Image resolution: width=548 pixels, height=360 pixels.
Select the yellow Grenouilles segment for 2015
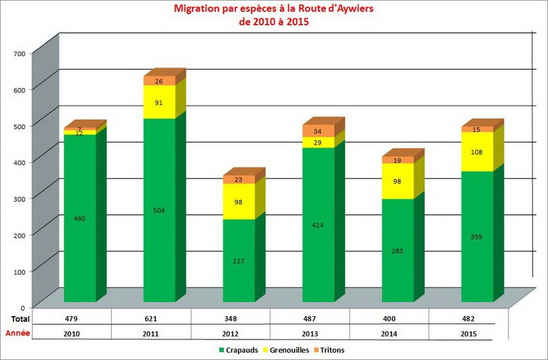478,152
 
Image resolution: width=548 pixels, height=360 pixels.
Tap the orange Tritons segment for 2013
318,131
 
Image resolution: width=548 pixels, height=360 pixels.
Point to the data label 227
239,261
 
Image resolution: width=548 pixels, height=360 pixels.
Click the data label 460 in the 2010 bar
80,218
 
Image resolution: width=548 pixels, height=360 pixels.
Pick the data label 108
478,152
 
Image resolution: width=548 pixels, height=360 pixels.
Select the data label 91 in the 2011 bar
159,103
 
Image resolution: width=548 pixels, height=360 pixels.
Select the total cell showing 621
152,319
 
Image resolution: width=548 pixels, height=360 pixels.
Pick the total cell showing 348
231,319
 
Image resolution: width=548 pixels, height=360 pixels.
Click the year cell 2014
389,334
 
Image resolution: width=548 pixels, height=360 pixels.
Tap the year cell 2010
72,334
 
